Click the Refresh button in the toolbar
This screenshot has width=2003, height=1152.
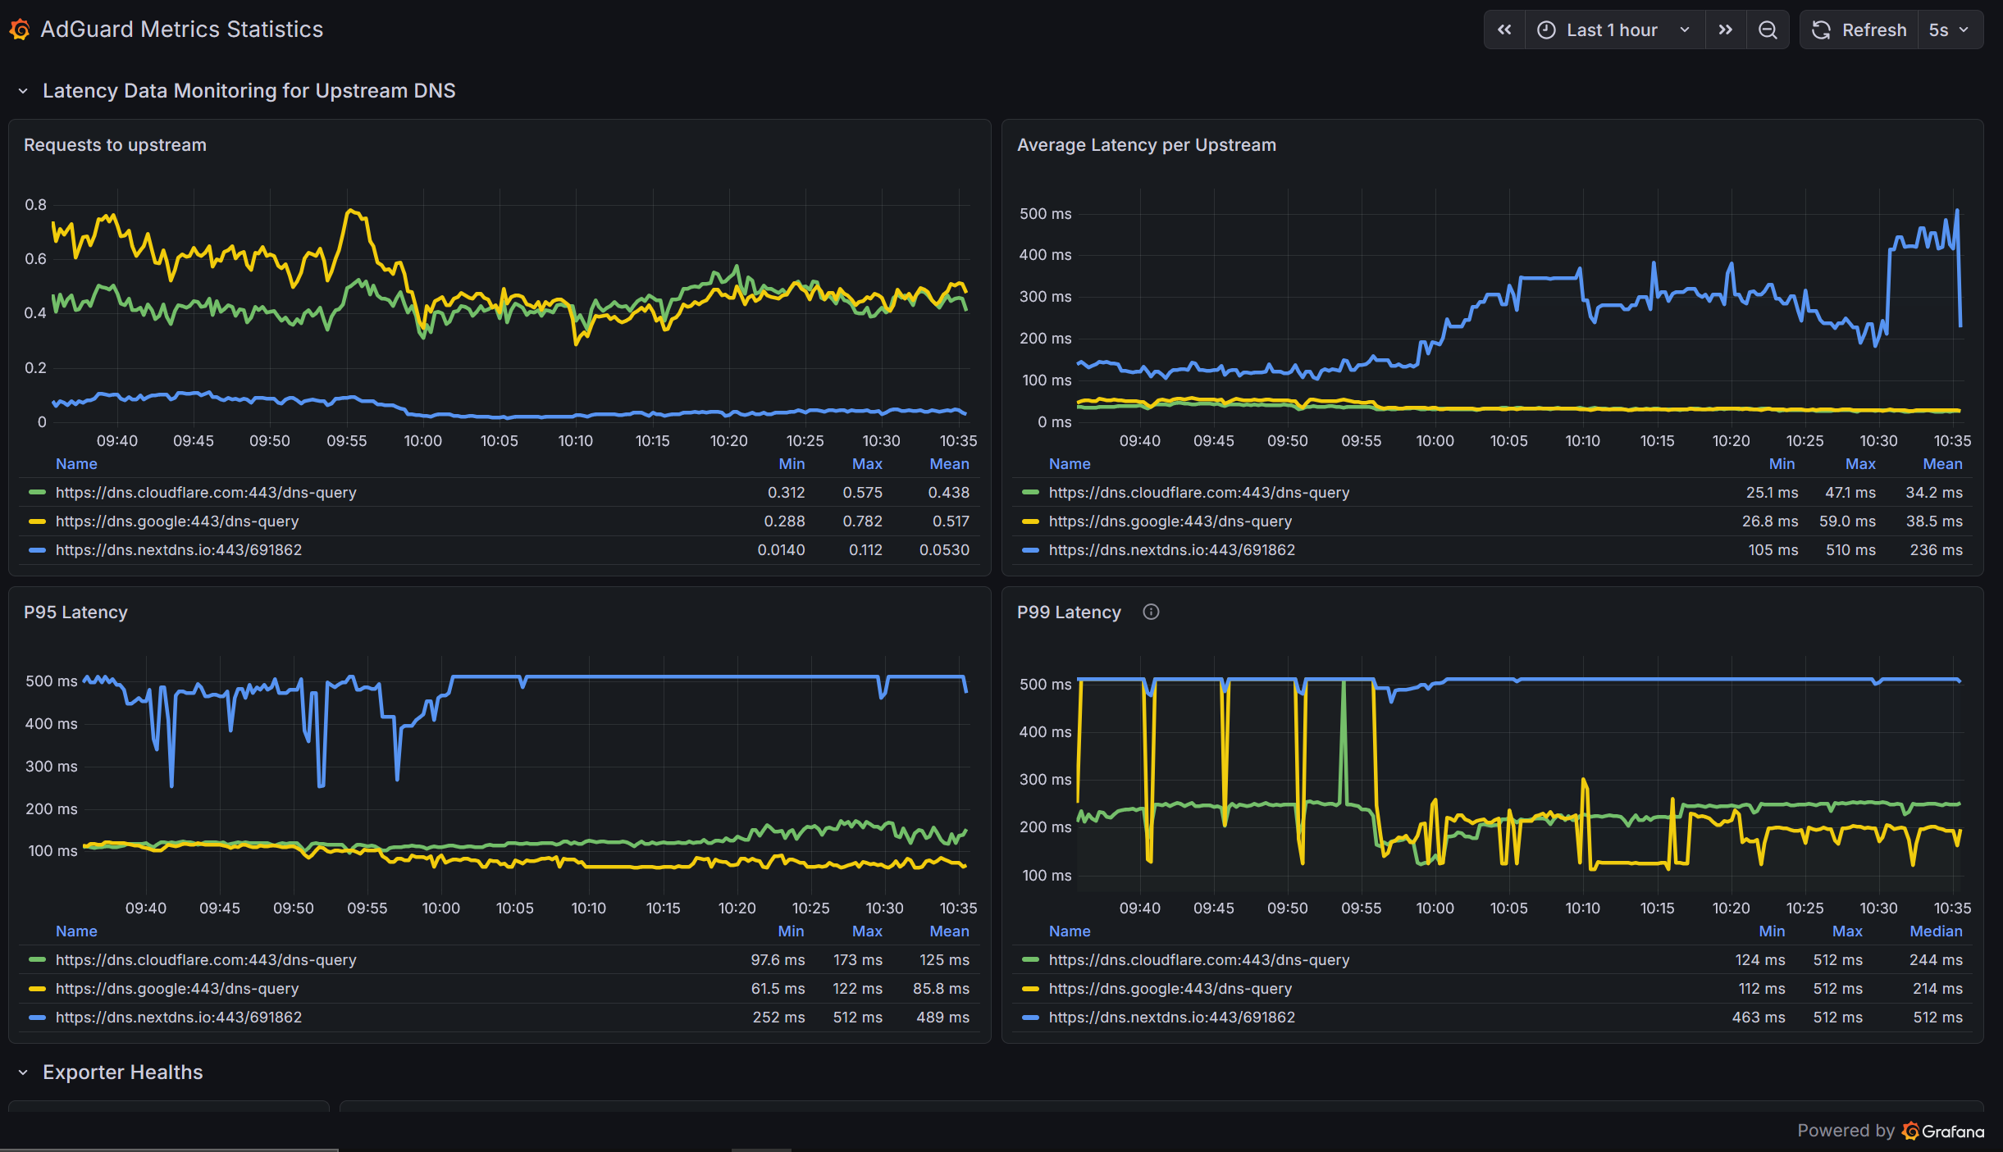pyautogui.click(x=1859, y=30)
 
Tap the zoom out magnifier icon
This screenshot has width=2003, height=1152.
pyautogui.click(x=1768, y=30)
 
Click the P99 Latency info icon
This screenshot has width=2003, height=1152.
pyautogui.click(x=1151, y=612)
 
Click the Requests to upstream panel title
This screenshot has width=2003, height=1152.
pyautogui.click(x=115, y=145)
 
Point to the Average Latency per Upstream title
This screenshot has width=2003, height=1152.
pyautogui.click(x=1147, y=145)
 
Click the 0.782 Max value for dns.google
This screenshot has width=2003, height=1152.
pyautogui.click(x=863, y=521)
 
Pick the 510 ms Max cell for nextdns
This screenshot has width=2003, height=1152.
pyautogui.click(x=1850, y=550)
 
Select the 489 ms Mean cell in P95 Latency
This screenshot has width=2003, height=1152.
pyautogui.click(x=942, y=1018)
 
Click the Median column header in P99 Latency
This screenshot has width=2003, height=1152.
pyautogui.click(x=1936, y=931)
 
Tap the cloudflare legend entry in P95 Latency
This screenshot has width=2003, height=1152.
pyautogui.click(x=206, y=960)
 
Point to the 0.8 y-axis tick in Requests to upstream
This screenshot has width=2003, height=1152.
pyautogui.click(x=35, y=205)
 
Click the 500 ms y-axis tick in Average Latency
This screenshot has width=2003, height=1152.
pyautogui.click(x=1045, y=214)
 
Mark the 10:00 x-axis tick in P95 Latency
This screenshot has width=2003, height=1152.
pyautogui.click(x=441, y=908)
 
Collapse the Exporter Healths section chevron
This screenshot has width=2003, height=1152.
pyautogui.click(x=23, y=1072)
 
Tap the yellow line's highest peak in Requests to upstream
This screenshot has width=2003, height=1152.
pyautogui.click(x=351, y=211)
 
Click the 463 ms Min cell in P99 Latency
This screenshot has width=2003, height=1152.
pyautogui.click(x=1759, y=1018)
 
